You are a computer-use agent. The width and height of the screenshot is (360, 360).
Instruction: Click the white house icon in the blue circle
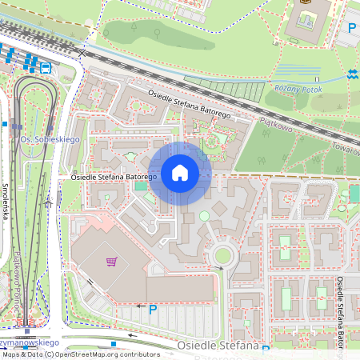click(180, 173)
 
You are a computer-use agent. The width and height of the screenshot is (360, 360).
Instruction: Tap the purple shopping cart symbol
click(112, 261)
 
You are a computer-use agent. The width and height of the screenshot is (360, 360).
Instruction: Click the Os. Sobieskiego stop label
click(50, 140)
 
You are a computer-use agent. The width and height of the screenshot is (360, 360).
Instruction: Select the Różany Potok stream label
click(297, 88)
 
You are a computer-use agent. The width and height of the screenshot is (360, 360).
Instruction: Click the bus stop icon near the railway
click(46, 68)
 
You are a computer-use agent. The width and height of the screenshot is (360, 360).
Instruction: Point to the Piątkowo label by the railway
click(277, 125)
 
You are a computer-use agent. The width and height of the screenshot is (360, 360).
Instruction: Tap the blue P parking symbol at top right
click(352, 28)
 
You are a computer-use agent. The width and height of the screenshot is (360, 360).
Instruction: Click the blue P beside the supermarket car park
click(153, 309)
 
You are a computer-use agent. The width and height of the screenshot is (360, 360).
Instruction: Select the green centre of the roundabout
click(222, 256)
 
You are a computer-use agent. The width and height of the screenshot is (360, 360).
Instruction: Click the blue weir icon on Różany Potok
click(353, 74)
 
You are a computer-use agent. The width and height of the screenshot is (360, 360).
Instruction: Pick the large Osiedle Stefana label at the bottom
click(218, 346)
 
